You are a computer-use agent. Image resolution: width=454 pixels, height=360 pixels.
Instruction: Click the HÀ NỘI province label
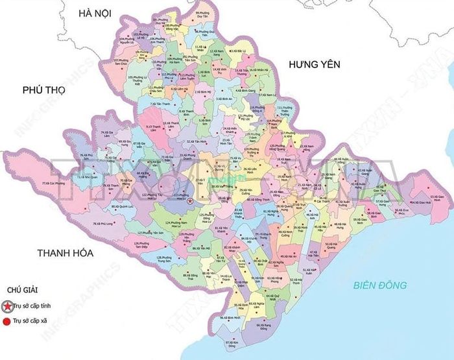94,13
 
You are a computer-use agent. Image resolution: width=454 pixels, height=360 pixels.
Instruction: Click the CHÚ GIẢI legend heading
22,290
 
